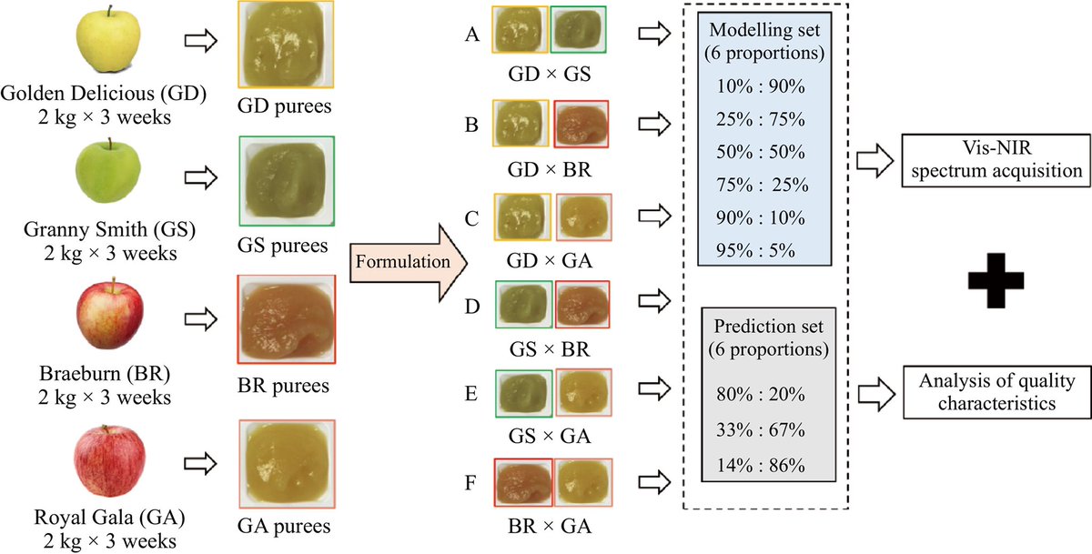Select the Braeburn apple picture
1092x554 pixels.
(108, 317)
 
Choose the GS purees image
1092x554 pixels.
(287, 180)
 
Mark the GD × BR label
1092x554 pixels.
(551, 169)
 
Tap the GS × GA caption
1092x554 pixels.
(551, 437)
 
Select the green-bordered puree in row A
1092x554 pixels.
(581, 29)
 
